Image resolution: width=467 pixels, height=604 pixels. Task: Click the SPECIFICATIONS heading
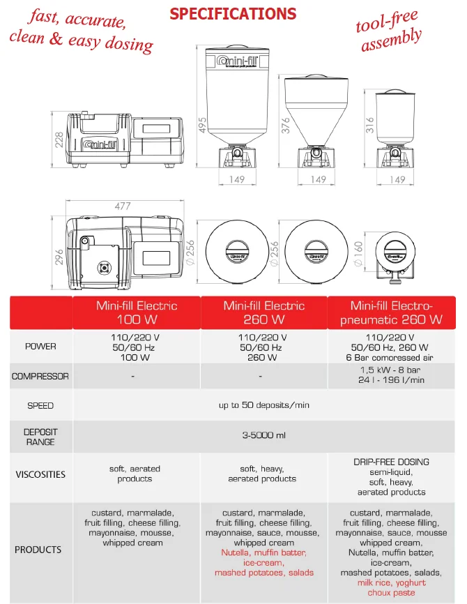pos(233,14)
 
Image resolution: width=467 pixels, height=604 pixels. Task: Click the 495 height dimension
pos(201,125)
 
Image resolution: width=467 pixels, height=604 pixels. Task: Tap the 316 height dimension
pos(369,125)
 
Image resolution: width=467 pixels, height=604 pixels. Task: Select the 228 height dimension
pos(59,139)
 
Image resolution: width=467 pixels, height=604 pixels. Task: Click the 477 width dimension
pos(123,206)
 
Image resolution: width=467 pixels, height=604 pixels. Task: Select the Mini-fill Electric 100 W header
pos(137,312)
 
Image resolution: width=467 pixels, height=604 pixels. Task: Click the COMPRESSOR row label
pos(40,377)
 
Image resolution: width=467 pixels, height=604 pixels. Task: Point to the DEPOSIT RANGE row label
pos(40,437)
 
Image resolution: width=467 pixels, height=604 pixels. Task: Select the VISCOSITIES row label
pos(40,474)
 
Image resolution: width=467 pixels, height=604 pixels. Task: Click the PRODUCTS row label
pos(38,550)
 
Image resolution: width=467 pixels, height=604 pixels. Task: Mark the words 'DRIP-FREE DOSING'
pos(392,462)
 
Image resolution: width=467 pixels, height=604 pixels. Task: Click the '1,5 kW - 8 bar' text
pos(392,370)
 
